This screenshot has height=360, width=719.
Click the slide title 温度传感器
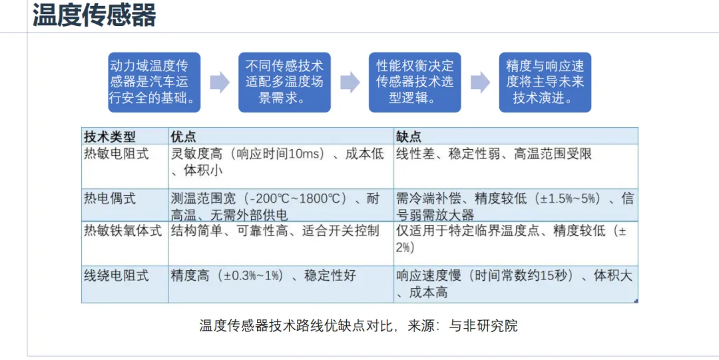(94, 15)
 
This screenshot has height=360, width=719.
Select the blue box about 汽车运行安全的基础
(154, 83)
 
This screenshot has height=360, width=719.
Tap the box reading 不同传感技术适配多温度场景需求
(284, 83)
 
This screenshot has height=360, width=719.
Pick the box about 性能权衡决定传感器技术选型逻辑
(415, 83)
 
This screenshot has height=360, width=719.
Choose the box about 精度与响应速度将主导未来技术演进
(545, 83)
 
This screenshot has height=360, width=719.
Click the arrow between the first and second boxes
(220, 83)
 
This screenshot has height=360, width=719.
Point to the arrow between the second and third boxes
(350, 83)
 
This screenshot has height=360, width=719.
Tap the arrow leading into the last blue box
(480, 83)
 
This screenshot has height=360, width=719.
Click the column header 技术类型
(110, 136)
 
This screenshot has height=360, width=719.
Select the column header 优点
(184, 136)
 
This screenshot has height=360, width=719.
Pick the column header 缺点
(409, 136)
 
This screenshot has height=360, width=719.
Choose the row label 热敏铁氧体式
(123, 231)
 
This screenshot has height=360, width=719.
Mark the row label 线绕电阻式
(117, 275)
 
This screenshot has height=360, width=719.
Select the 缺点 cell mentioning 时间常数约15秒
(514, 283)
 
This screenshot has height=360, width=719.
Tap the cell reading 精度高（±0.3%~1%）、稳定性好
(264, 275)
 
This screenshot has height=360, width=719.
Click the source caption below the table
(358, 326)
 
